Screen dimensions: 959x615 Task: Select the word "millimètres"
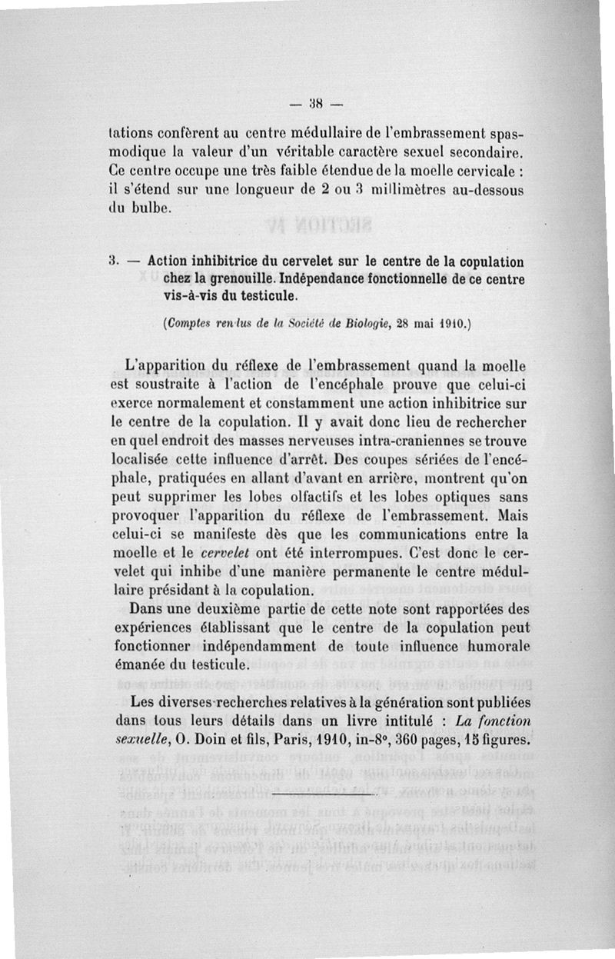click(387, 189)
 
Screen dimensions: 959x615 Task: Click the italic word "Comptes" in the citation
click(188, 325)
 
